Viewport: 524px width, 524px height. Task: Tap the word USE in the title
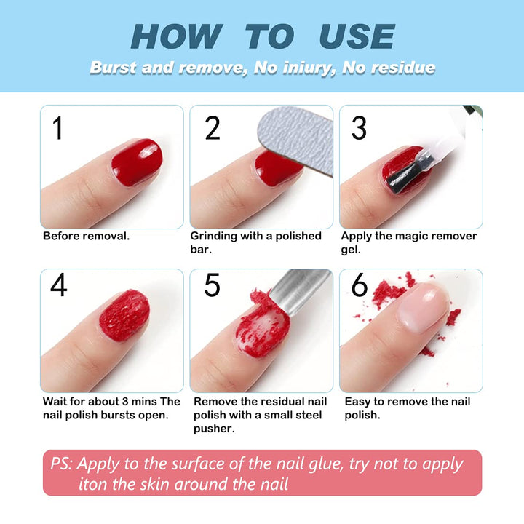pyautogui.click(x=357, y=36)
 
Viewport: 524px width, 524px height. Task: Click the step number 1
pyautogui.click(x=58, y=128)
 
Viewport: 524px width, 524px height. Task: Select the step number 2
pyautogui.click(x=212, y=128)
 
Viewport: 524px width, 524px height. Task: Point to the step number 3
pyautogui.click(x=359, y=128)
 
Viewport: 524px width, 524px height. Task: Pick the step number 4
pyautogui.click(x=58, y=285)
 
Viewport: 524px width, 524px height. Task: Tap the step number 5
pyautogui.click(x=212, y=285)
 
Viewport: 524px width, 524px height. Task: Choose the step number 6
pyautogui.click(x=360, y=285)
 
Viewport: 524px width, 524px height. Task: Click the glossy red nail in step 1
pyautogui.click(x=136, y=161)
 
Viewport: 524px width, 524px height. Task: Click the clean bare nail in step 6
pyautogui.click(x=422, y=306)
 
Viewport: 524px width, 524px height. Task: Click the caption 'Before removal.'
pyautogui.click(x=86, y=236)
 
